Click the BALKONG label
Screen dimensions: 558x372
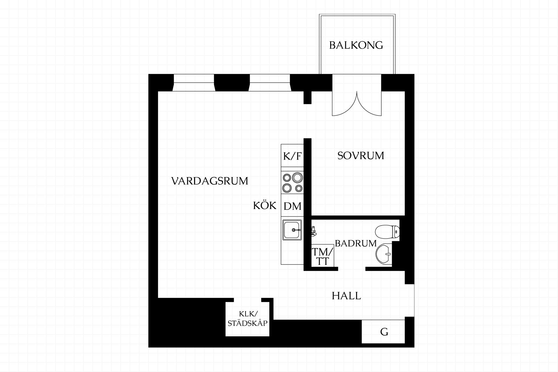(356, 45)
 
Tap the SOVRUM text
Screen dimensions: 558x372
(361, 156)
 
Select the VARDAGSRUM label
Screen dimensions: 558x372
(210, 181)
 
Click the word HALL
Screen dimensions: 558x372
(346, 296)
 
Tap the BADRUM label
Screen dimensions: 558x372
(356, 244)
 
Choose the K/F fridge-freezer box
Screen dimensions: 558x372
(292, 155)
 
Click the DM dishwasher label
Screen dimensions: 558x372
(292, 206)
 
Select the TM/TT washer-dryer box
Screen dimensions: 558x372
(322, 255)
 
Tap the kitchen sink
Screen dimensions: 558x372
(292, 230)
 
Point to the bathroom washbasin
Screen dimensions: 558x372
(384, 254)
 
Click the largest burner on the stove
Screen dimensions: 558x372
(297, 177)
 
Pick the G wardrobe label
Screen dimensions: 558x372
(384, 332)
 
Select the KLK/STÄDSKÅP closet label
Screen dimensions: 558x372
(248, 319)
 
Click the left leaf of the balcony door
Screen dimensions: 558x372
(345, 103)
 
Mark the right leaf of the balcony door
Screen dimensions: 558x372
(369, 103)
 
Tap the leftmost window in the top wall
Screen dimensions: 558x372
(194, 83)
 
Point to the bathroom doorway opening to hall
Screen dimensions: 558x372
(352, 269)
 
